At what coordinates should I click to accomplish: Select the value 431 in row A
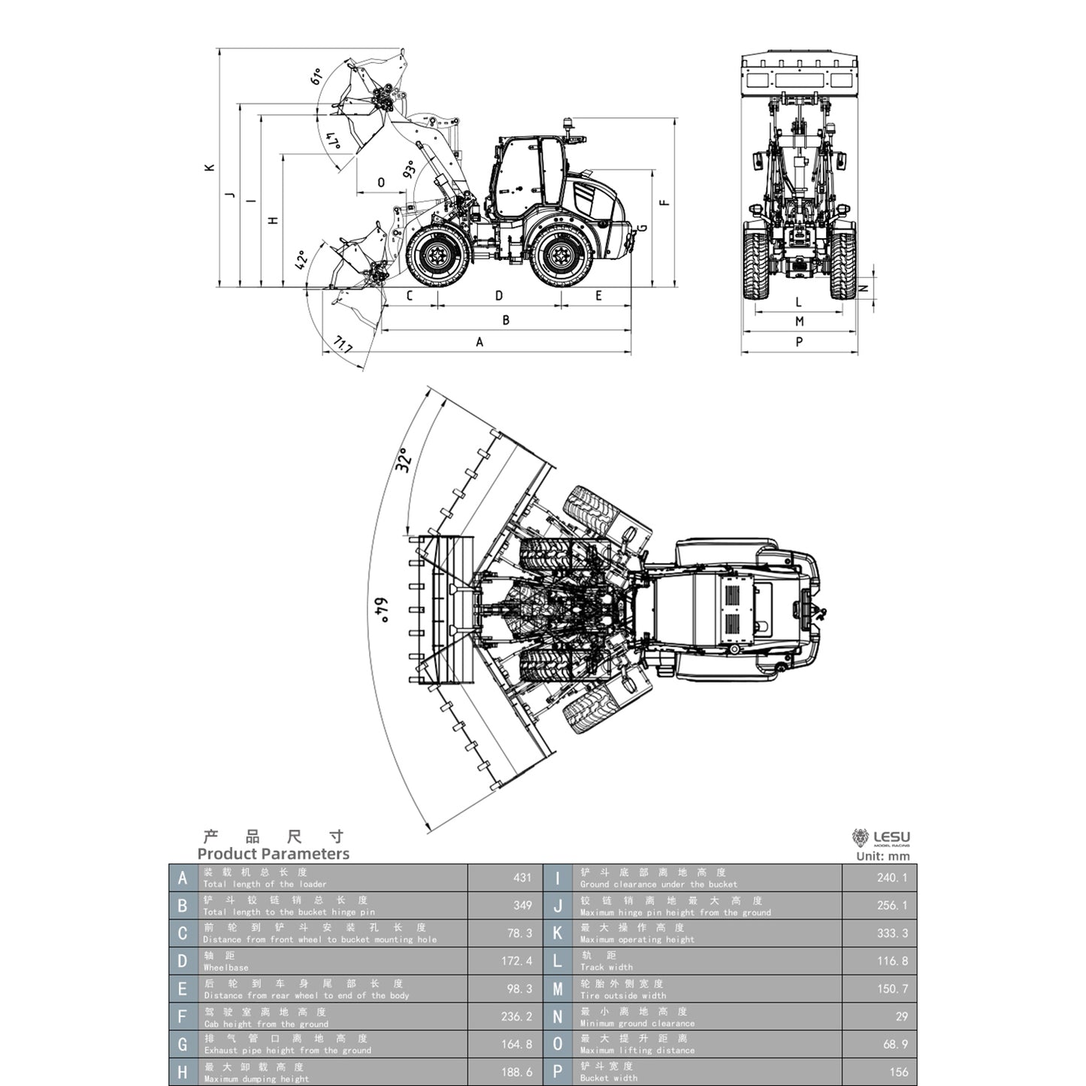[x=522, y=878]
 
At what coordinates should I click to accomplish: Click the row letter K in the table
[x=558, y=933]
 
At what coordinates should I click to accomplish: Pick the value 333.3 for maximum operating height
[x=892, y=933]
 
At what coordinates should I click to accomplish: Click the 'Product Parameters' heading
[x=273, y=854]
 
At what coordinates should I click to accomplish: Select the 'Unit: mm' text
[x=882, y=856]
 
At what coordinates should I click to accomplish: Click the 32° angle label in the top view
[x=403, y=460]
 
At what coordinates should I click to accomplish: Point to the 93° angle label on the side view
[x=410, y=169]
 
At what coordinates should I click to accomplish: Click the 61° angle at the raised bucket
[x=316, y=76]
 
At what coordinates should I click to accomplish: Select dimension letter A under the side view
[x=479, y=343]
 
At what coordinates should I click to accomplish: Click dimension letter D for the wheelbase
[x=499, y=296]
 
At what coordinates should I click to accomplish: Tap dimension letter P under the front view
[x=799, y=342]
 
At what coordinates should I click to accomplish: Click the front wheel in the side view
[x=436, y=256]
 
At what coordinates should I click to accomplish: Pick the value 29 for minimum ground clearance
[x=901, y=1017]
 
